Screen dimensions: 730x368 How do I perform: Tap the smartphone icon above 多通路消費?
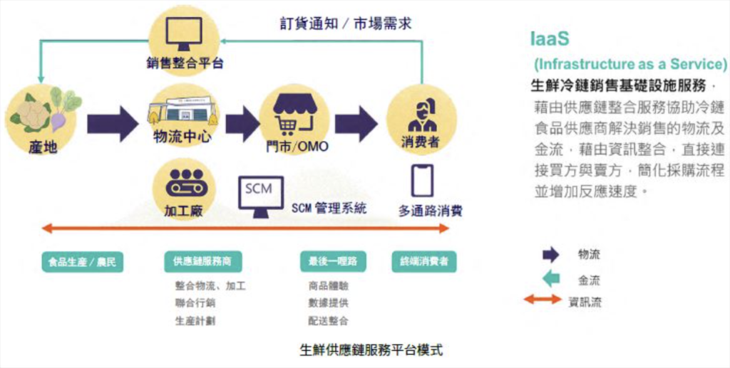[422, 180]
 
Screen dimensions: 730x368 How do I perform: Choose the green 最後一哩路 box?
[333, 262]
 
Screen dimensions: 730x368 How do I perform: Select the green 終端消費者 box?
[423, 262]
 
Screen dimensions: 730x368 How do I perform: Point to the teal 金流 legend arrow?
[551, 279]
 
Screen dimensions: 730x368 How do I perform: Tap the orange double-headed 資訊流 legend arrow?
[543, 299]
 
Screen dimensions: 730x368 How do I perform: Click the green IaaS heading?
[550, 39]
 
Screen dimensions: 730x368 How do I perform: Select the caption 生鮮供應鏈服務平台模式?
[371, 349]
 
